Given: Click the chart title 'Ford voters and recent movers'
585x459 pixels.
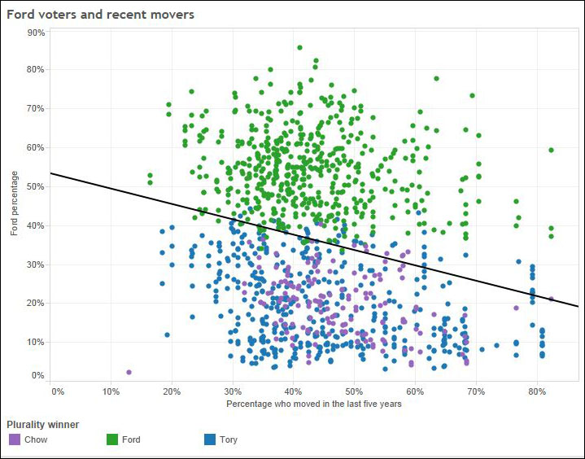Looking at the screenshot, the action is pos(101,15).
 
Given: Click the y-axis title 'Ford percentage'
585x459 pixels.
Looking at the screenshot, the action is pos(14,203).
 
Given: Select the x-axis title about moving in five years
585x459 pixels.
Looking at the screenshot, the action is pos(314,404).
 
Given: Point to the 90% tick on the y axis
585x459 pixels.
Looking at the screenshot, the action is pos(36,33).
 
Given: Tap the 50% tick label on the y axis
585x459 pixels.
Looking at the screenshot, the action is pos(36,186).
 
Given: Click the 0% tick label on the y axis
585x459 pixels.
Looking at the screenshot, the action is pos(38,375).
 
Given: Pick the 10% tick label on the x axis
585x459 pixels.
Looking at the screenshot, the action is pos(111,391).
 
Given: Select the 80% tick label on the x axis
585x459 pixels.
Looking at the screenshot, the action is pos(537,391).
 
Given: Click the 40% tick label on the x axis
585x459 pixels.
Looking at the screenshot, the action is pos(293,391).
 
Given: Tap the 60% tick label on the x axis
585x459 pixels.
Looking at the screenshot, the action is pos(415,391).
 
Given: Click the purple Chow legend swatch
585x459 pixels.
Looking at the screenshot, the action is pos(14,439).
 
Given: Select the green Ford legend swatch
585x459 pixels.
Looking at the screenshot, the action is pos(112,439).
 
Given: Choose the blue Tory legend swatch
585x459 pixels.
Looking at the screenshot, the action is pos(210,439).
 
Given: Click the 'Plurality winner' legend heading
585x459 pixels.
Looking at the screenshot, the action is pos(43,425).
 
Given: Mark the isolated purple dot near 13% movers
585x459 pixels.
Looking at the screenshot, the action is pos(129,372).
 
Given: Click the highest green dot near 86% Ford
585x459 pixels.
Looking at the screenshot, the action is pos(299,47).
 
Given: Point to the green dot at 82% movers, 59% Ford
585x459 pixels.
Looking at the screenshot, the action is pos(551,150).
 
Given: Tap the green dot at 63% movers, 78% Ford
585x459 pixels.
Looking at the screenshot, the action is pos(436,78).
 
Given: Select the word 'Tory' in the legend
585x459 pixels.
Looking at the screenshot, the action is pos(229,439).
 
